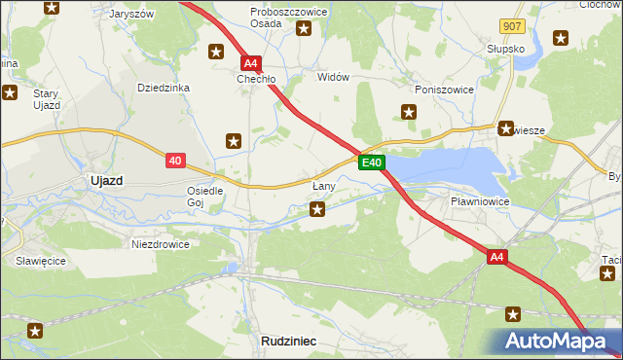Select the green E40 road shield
coord(372,162)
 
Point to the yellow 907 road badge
coord(512,26)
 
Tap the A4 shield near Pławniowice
coord(497,257)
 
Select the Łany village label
coord(324,185)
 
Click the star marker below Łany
coord(317,208)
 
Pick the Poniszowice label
coord(443,90)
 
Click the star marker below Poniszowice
coord(409,112)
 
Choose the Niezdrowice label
coord(161,244)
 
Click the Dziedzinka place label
coord(163,88)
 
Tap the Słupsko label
coord(506,48)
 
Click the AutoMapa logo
coord(555,341)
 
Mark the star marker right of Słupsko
coord(561,39)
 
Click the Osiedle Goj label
coord(205,197)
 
